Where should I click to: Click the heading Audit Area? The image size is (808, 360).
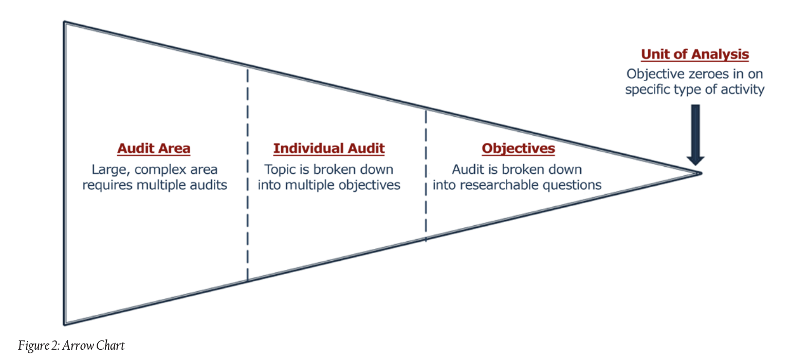coord(154,149)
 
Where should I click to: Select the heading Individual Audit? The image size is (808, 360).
coord(328,149)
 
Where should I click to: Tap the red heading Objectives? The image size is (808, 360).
coord(518,149)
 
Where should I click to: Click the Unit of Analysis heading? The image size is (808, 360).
coord(694,55)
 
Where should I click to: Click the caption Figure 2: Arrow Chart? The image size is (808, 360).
coord(71,345)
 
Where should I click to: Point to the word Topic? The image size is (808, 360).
coord(280,170)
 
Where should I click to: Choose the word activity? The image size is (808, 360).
coord(742,89)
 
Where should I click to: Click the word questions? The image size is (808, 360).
coord(575,185)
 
